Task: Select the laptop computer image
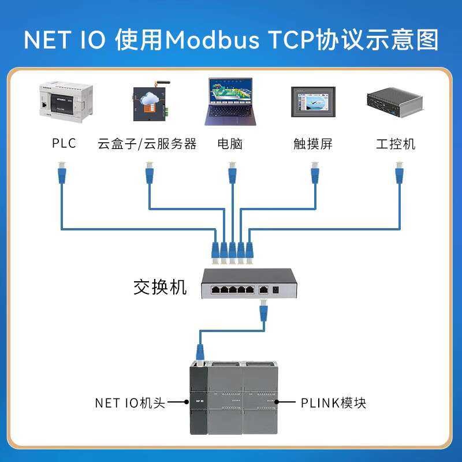pyautogui.click(x=231, y=102)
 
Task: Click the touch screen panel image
pyautogui.click(x=313, y=102)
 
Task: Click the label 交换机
pyautogui.click(x=160, y=287)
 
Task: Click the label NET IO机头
pyautogui.click(x=130, y=403)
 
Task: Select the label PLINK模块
pyautogui.click(x=333, y=403)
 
